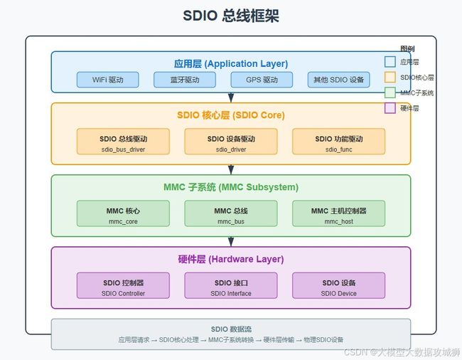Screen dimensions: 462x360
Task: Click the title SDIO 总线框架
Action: point(231,16)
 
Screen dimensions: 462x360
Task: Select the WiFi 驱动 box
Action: point(108,80)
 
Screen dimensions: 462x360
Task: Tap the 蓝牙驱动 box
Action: point(185,80)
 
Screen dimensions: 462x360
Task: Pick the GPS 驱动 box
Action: point(262,80)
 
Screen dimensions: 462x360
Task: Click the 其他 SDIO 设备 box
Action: point(339,80)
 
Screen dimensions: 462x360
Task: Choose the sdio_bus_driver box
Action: point(123,142)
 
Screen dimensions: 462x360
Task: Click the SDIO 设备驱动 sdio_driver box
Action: point(231,142)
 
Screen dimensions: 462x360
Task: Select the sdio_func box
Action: point(339,142)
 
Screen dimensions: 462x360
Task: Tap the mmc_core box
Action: point(123,213)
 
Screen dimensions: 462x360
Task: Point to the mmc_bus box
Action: point(231,213)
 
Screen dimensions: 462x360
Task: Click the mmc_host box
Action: point(339,213)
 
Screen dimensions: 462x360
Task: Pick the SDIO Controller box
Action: point(123,285)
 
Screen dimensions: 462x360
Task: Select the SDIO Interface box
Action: point(231,285)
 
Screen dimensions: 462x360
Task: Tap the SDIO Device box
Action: point(339,285)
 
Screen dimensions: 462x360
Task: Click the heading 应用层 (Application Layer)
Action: point(231,64)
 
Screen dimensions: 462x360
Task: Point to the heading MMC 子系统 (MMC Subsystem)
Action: point(231,187)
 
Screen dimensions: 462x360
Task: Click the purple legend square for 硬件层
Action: point(390,108)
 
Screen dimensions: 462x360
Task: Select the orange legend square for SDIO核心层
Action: point(390,78)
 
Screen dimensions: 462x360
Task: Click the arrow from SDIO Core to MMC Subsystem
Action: point(231,169)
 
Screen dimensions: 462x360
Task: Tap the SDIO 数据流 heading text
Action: point(231,329)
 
